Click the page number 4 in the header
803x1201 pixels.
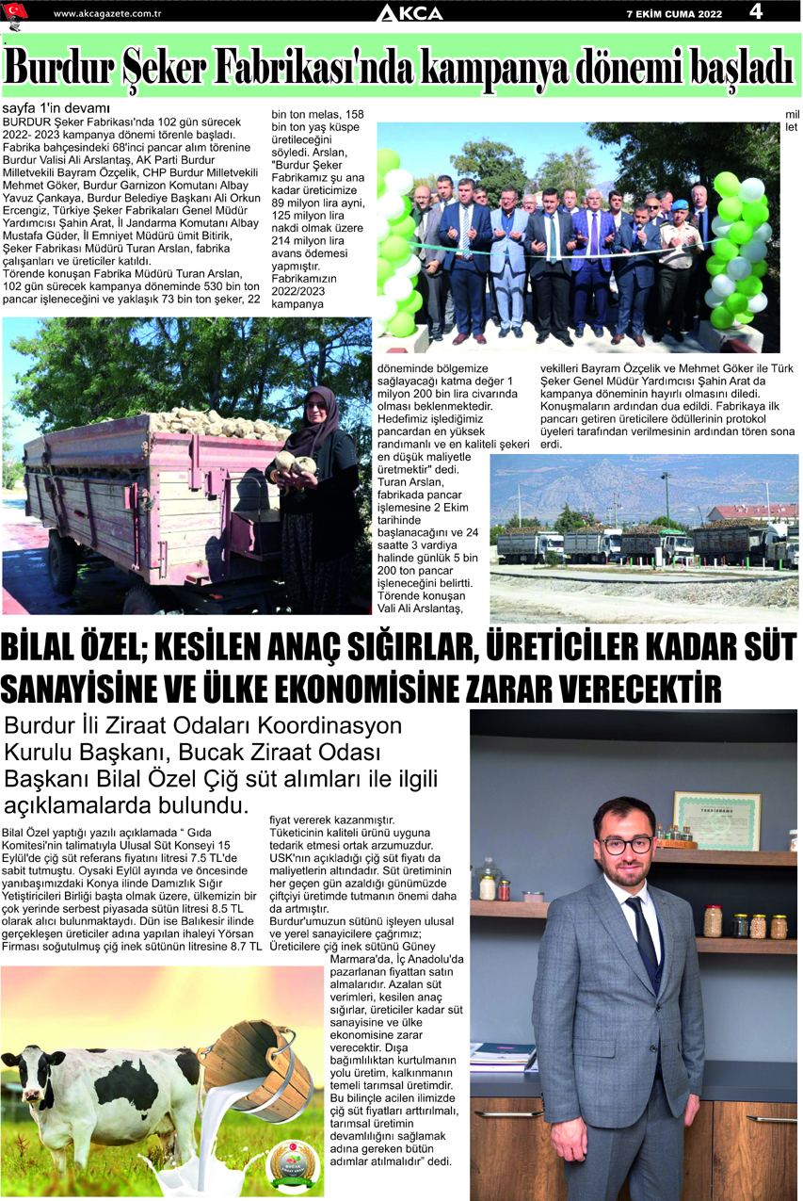[x=756, y=11]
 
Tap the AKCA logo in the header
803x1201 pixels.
[x=409, y=12]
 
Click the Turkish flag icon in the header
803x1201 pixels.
[x=16, y=11]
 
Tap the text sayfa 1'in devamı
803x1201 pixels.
[x=56, y=107]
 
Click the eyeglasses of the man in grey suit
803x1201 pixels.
[x=626, y=844]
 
